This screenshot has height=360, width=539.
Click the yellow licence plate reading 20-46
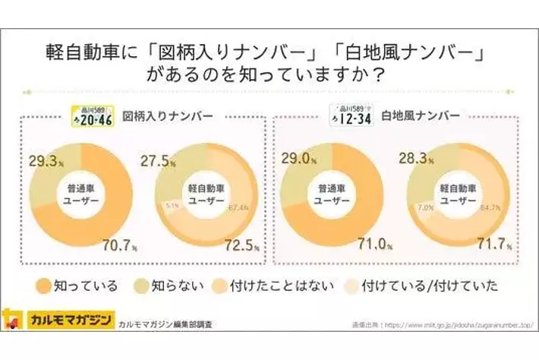[x=92, y=115]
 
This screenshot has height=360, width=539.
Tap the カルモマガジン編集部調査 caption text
[x=165, y=324]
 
